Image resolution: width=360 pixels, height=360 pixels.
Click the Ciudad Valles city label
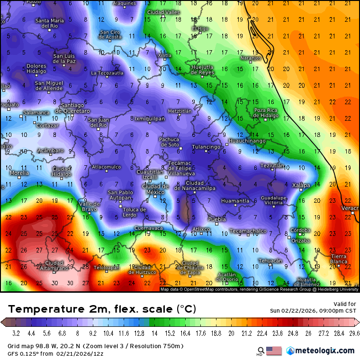point(163,12)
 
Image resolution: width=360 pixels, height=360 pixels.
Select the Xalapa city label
point(301,185)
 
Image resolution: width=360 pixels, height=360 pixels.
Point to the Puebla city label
point(217,219)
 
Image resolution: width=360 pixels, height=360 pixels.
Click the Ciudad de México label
point(155,189)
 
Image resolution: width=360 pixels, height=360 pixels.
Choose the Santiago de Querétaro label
point(75,108)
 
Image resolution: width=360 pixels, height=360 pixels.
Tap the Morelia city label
point(19,173)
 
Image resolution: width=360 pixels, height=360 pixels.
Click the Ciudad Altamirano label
point(54,266)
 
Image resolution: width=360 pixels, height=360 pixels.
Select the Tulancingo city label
point(206,147)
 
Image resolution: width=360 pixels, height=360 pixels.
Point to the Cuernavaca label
point(149,228)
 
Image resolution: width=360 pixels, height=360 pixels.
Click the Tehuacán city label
point(270,261)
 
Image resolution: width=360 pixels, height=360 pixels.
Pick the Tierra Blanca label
point(339,259)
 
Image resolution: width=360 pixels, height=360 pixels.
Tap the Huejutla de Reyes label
point(202,70)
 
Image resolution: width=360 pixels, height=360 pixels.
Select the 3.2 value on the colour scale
point(16,333)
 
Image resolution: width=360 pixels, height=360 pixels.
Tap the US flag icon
point(274,351)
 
